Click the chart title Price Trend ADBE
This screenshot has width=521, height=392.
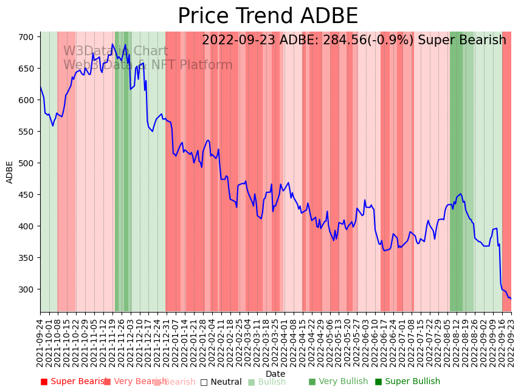click(267, 16)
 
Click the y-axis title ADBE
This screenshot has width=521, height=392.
click(10, 172)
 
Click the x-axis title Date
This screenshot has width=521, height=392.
click(275, 374)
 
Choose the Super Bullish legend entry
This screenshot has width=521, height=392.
click(407, 382)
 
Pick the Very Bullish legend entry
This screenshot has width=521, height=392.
click(339, 382)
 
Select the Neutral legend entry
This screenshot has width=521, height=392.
click(221, 382)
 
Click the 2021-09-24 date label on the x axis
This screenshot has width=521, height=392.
click(41, 343)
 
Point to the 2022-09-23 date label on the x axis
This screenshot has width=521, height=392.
click(511, 343)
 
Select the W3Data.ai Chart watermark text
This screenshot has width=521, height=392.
click(116, 52)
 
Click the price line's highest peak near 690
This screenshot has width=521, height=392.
click(125, 44)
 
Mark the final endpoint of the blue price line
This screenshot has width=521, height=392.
click(511, 299)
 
